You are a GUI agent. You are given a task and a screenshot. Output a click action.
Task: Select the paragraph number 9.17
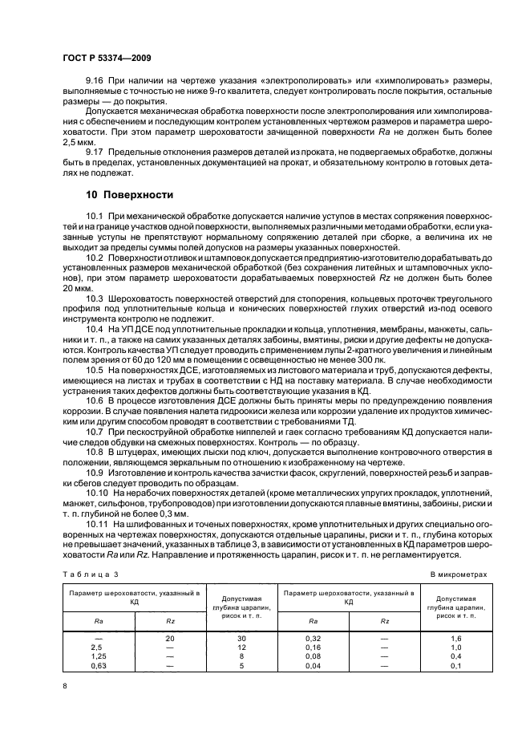[95, 150]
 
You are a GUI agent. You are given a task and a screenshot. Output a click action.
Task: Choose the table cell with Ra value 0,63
[99, 664]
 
